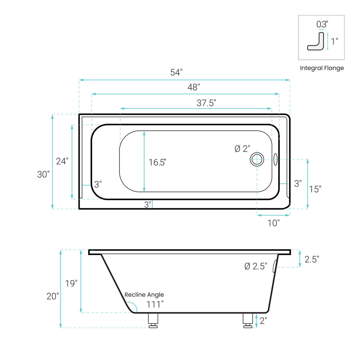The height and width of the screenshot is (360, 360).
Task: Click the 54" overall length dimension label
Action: click(x=176, y=72)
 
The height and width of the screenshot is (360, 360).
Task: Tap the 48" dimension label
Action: click(x=194, y=87)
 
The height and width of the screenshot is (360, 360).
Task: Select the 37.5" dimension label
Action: click(x=206, y=103)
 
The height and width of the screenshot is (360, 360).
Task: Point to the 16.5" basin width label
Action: click(x=157, y=162)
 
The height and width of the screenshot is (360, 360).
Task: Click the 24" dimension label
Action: click(x=62, y=161)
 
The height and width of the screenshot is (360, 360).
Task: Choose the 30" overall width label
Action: click(x=43, y=174)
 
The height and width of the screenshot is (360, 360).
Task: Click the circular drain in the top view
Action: click(x=257, y=159)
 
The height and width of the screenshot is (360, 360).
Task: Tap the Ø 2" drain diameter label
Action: click(x=242, y=149)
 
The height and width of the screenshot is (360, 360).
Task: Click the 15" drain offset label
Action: click(x=315, y=189)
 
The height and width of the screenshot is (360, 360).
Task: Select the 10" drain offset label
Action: click(x=274, y=223)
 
